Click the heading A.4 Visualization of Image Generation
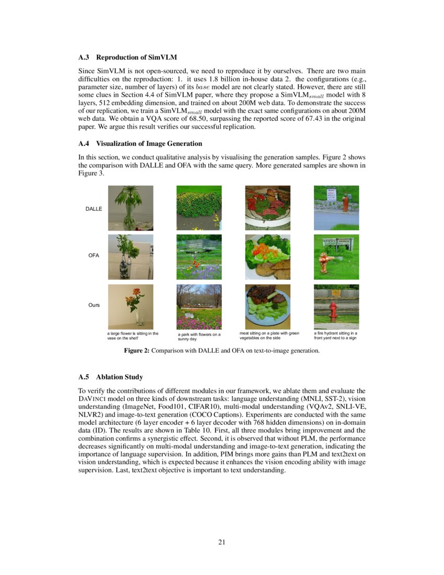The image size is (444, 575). pyautogui.click(x=140, y=144)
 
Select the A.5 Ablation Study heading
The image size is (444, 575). pyautogui.click(x=111, y=377)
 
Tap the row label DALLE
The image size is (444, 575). pyautogui.click(x=94, y=209)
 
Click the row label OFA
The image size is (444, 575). pyautogui.click(x=94, y=256)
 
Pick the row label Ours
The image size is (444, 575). pyautogui.click(x=94, y=305)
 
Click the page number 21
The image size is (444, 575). pyautogui.click(x=221, y=542)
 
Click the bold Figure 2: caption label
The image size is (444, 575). pyautogui.click(x=136, y=351)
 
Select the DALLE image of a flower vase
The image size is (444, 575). pyautogui.click(x=131, y=208)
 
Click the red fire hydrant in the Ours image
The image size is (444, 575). pyautogui.click(x=333, y=311)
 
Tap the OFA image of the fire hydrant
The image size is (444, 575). pyautogui.click(x=336, y=257)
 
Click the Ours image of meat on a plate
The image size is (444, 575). pyautogui.click(x=267, y=306)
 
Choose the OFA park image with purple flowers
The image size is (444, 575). pyautogui.click(x=199, y=257)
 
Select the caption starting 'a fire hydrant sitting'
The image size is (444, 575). pyautogui.click(x=335, y=335)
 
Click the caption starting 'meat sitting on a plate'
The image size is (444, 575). pyautogui.click(x=269, y=335)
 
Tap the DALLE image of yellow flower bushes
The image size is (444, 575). pyautogui.click(x=199, y=208)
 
